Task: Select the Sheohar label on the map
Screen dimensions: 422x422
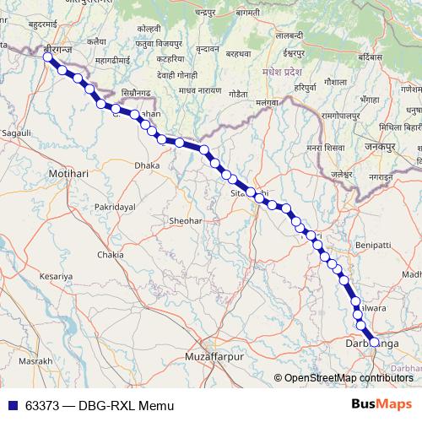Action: pos(186,220)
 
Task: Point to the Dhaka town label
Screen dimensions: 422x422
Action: pos(147,166)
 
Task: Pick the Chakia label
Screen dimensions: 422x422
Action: pos(111,254)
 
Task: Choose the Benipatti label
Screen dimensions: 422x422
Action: pos(373,245)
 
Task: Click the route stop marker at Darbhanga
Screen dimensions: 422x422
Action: pos(374,342)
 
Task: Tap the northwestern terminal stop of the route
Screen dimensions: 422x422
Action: pos(48,57)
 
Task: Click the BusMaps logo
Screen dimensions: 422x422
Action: pos(381,404)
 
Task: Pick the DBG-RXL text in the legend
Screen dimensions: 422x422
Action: pos(108,405)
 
